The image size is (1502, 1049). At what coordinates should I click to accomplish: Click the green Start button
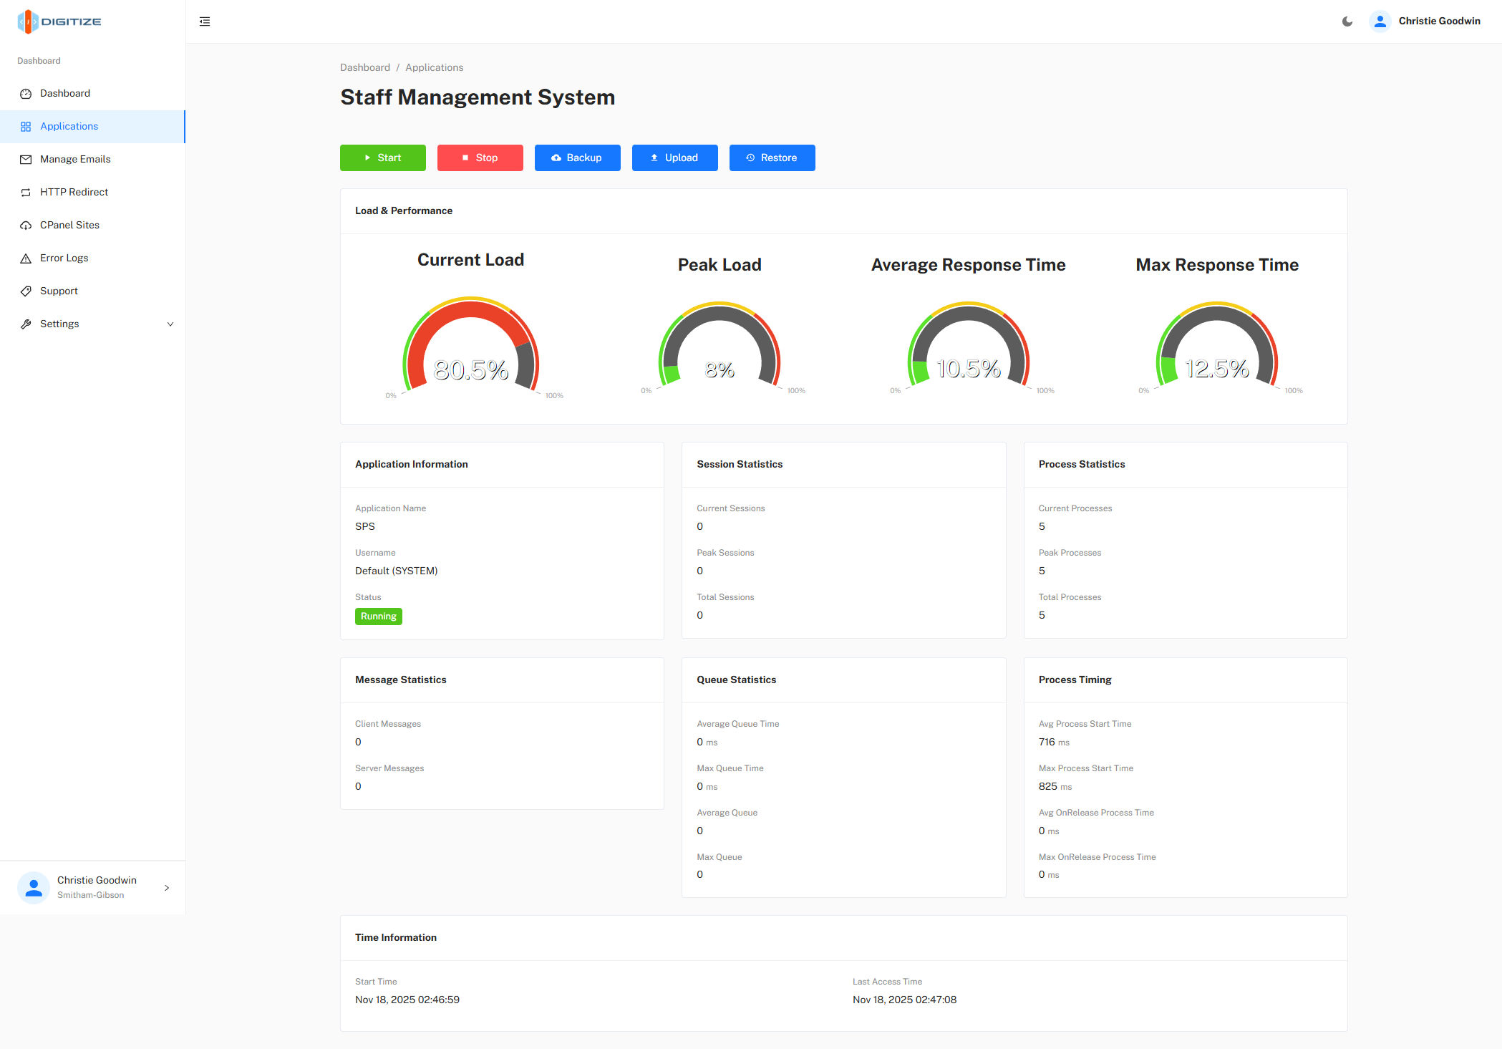pos(382,158)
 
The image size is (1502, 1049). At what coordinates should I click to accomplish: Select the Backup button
pos(577,158)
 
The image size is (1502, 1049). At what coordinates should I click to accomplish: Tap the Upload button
pos(674,158)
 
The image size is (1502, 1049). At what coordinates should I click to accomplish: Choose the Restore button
pos(772,158)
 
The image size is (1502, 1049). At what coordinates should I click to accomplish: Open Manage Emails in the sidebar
pos(75,159)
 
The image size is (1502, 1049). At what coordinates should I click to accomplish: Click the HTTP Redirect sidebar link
pos(74,192)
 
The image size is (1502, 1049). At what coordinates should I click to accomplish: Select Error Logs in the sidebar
pos(64,258)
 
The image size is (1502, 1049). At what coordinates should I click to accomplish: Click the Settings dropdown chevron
pos(170,324)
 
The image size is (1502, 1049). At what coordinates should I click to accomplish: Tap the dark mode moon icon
pos(1347,21)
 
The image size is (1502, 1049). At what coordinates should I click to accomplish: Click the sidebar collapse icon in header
pos(205,21)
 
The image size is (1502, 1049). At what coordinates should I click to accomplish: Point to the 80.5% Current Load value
pos(470,370)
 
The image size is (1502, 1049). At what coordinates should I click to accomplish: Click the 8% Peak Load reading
pos(719,370)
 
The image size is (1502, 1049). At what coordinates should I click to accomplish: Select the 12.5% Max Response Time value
pos(1216,369)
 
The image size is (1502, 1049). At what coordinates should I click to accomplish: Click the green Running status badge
pos(378,617)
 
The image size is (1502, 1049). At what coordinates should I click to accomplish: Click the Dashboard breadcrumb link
pos(364,67)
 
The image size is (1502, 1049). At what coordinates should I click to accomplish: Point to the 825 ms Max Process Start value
pos(1055,786)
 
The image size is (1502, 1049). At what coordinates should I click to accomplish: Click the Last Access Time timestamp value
pos(903,1000)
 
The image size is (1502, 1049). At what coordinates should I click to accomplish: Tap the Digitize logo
pos(59,21)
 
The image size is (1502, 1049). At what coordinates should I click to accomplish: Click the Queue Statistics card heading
pos(736,680)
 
